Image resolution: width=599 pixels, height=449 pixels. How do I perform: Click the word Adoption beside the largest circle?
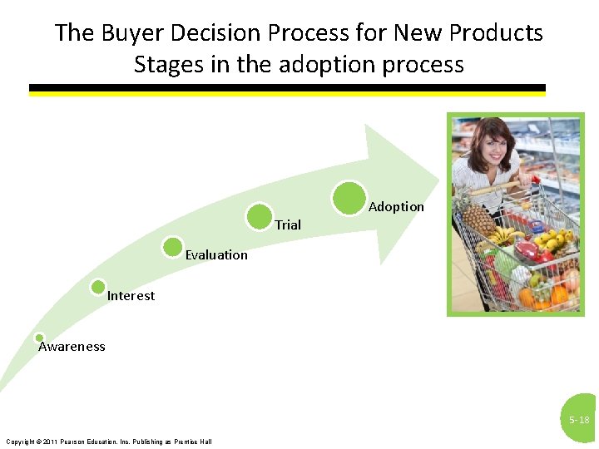click(x=396, y=207)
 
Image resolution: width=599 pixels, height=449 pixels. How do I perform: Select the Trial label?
click(x=288, y=224)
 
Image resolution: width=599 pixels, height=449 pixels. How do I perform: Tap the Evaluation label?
click(x=216, y=255)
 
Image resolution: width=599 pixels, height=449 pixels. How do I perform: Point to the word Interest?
click(x=131, y=296)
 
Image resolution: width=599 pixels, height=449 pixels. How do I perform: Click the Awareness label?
click(x=72, y=347)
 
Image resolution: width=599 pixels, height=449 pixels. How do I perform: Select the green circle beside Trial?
click(x=260, y=216)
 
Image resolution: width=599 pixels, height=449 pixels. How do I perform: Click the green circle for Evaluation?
click(x=173, y=247)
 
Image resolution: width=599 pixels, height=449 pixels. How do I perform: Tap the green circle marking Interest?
click(x=98, y=287)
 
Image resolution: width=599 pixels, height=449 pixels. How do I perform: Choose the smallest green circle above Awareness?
click(x=39, y=338)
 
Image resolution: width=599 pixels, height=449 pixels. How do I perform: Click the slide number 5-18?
click(x=579, y=421)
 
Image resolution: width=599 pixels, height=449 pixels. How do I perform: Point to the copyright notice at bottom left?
click(x=108, y=441)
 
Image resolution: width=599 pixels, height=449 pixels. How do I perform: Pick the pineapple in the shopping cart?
click(x=478, y=218)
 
